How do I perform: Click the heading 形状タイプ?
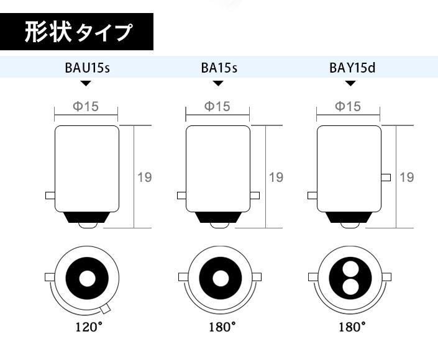coord(78,32)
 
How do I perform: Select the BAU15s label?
coord(88,68)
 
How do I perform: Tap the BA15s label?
coord(219,68)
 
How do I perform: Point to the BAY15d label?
coord(352,68)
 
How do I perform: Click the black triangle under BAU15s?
coord(86,83)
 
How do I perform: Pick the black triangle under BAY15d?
coord(350,83)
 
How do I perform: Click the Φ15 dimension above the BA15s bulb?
coord(217,106)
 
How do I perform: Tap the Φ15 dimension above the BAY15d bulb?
coord(348,106)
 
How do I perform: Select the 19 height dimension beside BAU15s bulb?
coord(145,178)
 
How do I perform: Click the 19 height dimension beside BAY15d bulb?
coord(407,178)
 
